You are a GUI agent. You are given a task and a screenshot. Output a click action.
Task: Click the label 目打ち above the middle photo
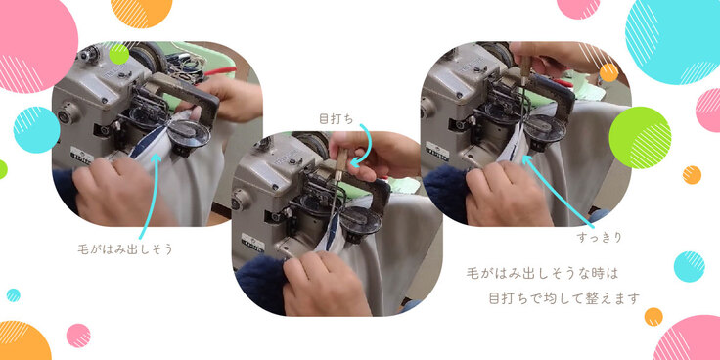coord(337,119)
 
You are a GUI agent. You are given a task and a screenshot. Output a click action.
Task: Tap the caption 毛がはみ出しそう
coord(125,249)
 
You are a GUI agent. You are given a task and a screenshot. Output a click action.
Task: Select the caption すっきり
coord(600,238)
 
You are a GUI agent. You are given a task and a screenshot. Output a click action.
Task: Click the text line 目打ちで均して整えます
coord(563,298)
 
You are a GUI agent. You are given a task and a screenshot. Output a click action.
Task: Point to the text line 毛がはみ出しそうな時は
coord(542,274)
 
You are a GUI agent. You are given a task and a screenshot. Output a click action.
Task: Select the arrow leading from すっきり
coord(558,192)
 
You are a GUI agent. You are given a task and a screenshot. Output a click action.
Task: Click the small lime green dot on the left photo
coord(119,54)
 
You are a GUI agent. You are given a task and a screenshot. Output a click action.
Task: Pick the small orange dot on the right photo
coord(608,72)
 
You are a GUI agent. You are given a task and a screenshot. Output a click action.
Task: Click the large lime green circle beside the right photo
coord(640,138)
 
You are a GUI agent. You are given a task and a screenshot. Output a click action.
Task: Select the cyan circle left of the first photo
coord(37,130)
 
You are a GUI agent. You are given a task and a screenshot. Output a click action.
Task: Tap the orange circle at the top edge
coord(142,12)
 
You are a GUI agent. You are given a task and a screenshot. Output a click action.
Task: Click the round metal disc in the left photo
coord(190,134)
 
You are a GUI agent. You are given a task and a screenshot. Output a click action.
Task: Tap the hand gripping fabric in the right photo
coord(508,195)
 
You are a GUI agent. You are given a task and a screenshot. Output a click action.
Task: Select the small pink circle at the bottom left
coord(78,336)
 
